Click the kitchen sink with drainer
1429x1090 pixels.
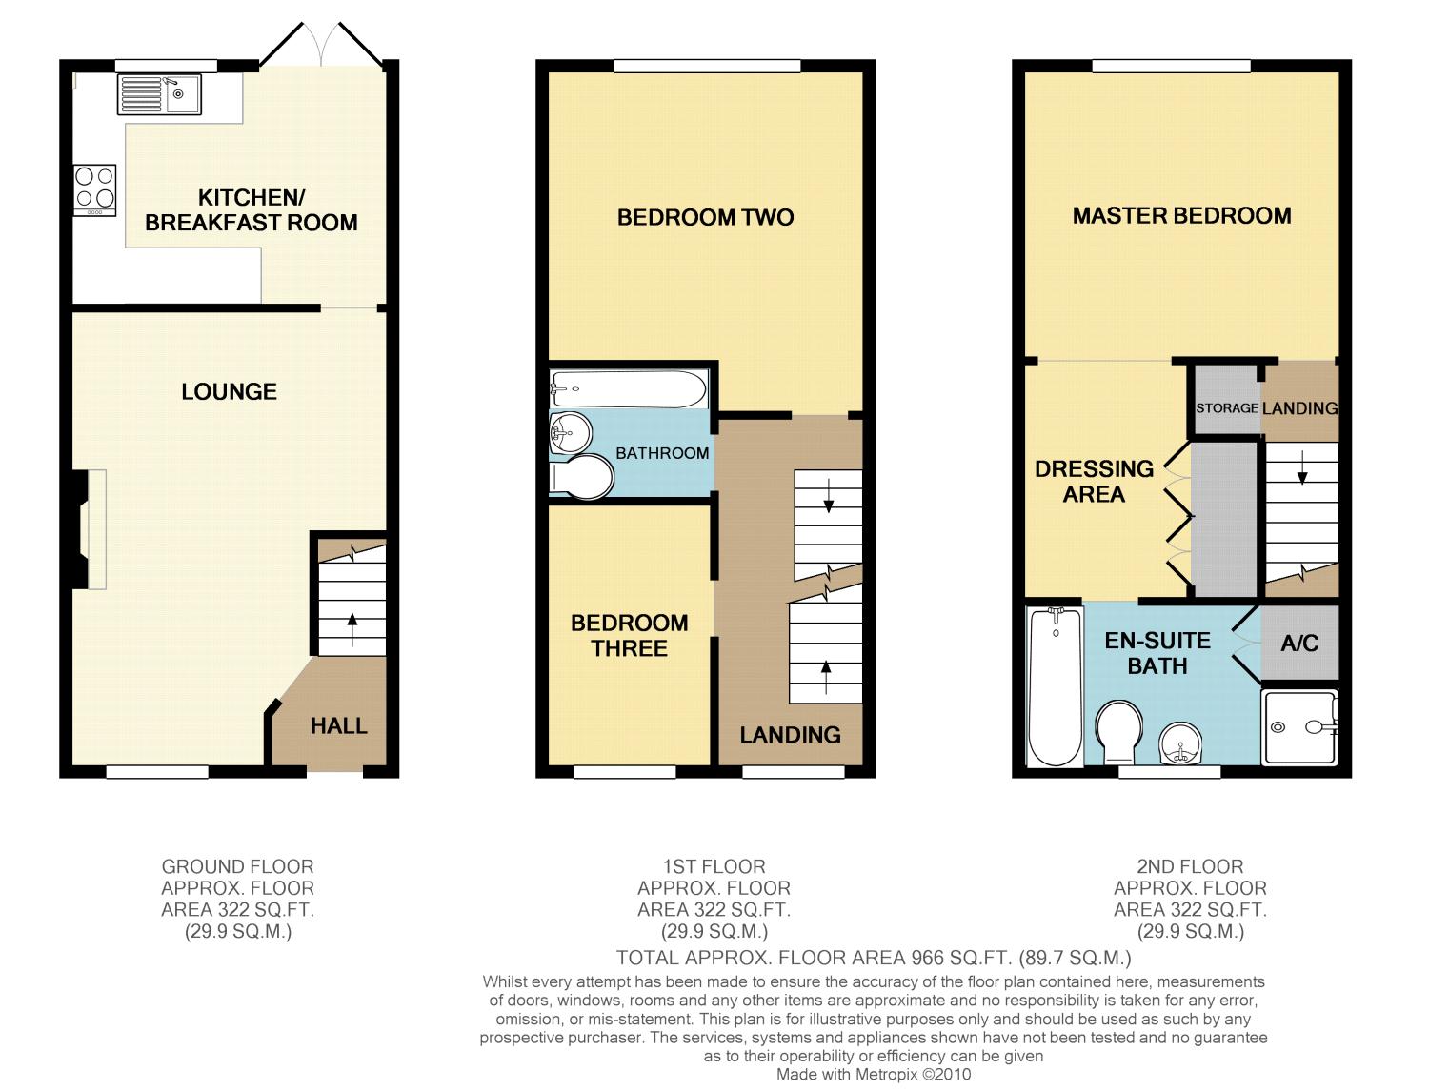pyautogui.click(x=159, y=94)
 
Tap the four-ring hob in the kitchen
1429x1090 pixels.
pyautogui.click(x=94, y=189)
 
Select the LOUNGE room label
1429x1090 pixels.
pyautogui.click(x=230, y=391)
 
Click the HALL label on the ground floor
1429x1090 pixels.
pyautogui.click(x=338, y=725)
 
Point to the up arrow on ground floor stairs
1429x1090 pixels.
pyautogui.click(x=352, y=629)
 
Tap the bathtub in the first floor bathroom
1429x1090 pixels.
pyautogui.click(x=629, y=389)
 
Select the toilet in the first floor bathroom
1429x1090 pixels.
pyautogui.click(x=581, y=477)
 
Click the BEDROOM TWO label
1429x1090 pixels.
pyautogui.click(x=705, y=217)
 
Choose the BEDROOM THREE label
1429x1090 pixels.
pyautogui.click(x=629, y=635)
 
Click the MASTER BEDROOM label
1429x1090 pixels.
pyautogui.click(x=1181, y=216)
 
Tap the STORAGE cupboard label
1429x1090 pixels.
pyautogui.click(x=1226, y=407)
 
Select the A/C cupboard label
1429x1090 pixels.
pyautogui.click(x=1299, y=644)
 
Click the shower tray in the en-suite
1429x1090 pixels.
pyautogui.click(x=1300, y=727)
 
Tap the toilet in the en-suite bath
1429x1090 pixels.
pyautogui.click(x=1118, y=732)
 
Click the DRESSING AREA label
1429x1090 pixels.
pyautogui.click(x=1094, y=482)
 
